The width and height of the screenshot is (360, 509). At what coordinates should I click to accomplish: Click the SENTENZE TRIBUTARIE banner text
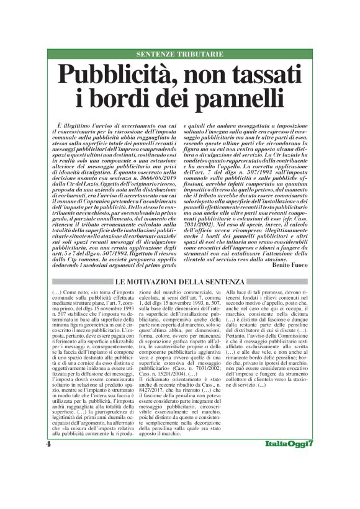pos(180,55)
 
